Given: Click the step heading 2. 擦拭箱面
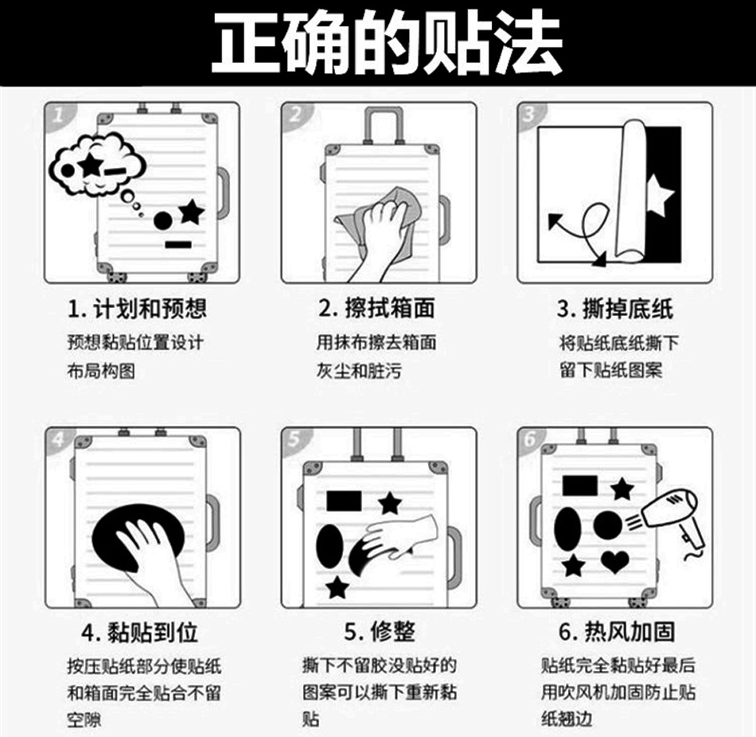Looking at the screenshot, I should pyautogui.click(x=377, y=309).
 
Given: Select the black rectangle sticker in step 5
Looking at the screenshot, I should pyautogui.click(x=344, y=501).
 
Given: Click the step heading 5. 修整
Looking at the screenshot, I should pyautogui.click(x=380, y=633).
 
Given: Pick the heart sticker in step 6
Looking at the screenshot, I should pyautogui.click(x=614, y=561).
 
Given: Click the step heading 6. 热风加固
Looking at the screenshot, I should pyautogui.click(x=617, y=633).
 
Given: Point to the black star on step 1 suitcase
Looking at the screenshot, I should pyautogui.click(x=191, y=211).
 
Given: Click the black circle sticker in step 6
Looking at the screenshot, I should pyautogui.click(x=609, y=524).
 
